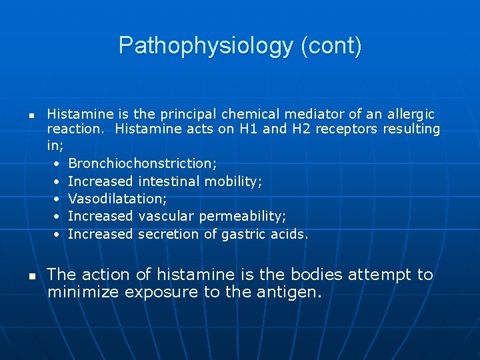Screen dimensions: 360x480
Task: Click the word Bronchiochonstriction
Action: pos(143,163)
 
